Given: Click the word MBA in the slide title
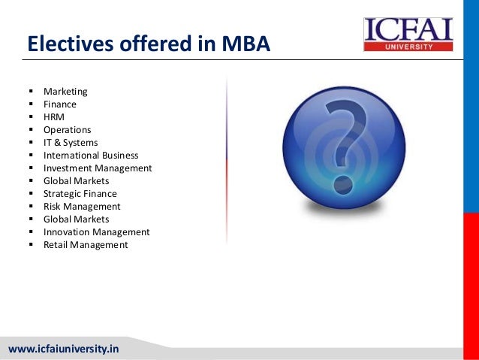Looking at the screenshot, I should [245, 46].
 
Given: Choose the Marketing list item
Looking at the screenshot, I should [65, 92].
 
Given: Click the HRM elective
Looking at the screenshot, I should [54, 117].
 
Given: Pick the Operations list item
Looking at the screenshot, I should [67, 130].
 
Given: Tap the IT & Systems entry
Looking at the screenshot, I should [71, 143].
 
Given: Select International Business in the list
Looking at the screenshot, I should [91, 156].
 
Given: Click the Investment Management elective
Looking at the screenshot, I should [98, 168].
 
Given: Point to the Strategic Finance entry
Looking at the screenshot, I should [80, 194].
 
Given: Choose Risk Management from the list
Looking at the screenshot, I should [82, 207].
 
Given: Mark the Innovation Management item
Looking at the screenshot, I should [97, 232].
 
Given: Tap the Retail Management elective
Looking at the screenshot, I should [86, 245].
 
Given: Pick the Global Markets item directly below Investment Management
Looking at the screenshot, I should [76, 181].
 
